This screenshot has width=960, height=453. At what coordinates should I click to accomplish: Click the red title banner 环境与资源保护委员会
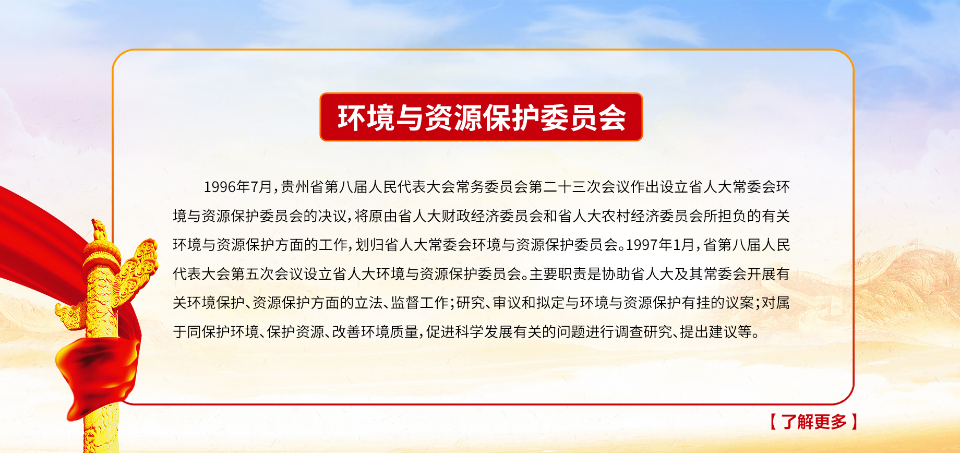(481, 117)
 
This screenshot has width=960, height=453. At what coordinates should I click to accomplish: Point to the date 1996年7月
(238, 187)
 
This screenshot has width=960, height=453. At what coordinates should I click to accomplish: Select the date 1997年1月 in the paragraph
(661, 245)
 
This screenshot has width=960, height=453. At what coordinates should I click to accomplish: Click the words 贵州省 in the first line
(302, 187)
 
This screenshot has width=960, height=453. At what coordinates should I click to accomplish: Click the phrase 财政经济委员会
(492, 216)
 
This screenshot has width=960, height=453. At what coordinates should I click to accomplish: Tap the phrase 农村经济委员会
(652, 216)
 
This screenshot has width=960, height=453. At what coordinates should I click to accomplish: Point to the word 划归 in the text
(369, 245)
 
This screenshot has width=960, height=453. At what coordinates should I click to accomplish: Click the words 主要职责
(558, 274)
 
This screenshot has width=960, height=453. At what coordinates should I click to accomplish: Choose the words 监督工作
(419, 303)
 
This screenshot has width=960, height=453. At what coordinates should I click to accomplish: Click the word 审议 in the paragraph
(507, 303)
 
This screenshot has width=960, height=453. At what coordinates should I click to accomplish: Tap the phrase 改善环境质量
(375, 332)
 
